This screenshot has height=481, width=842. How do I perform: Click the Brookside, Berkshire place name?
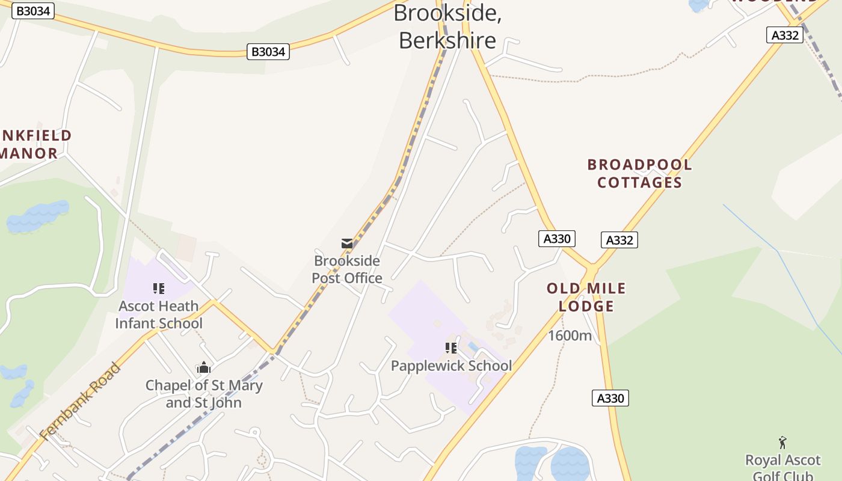click(447, 27)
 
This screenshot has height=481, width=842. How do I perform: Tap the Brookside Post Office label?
click(347, 269)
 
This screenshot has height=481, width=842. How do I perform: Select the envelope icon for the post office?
click(347, 244)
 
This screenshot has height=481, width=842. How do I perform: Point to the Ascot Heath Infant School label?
click(159, 314)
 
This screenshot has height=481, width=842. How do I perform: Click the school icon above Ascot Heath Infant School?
click(159, 289)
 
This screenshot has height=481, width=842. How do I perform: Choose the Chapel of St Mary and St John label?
click(204, 394)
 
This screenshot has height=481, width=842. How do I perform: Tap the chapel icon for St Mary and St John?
click(204, 367)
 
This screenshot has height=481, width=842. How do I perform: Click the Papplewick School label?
click(451, 366)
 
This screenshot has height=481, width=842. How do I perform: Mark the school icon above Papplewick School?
click(451, 348)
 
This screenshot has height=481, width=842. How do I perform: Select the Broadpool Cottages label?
click(639, 173)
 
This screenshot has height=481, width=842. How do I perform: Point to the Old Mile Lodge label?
click(586, 297)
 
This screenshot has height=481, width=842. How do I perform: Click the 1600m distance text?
click(570, 335)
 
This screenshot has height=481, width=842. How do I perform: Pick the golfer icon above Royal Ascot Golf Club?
click(782, 443)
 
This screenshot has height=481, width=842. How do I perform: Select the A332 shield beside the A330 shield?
click(619, 240)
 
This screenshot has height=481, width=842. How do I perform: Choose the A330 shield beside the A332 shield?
click(556, 239)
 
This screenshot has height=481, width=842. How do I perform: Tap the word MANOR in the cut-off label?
click(29, 153)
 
